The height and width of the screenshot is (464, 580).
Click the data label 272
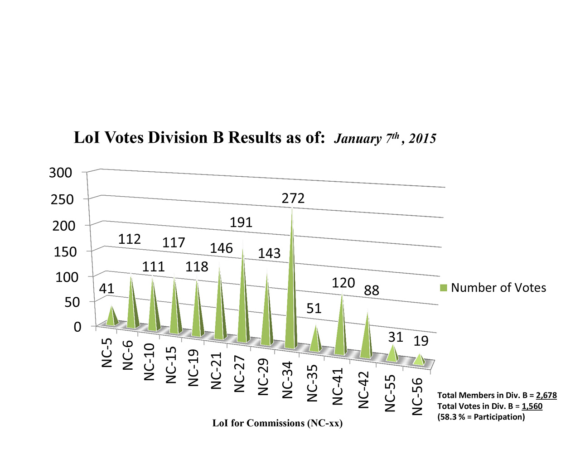click(293, 198)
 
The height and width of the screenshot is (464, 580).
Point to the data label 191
click(241, 222)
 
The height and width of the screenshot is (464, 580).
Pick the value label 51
click(314, 309)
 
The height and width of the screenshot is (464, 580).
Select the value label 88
click(372, 290)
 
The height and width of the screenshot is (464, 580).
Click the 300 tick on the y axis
click(61, 173)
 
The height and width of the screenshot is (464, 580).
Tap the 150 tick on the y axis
click(63, 251)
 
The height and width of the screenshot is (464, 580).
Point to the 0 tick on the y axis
click(77, 327)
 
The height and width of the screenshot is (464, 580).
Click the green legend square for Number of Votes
click(443, 288)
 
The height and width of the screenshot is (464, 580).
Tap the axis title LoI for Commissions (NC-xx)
click(277, 423)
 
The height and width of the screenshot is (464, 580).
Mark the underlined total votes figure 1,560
click(532, 406)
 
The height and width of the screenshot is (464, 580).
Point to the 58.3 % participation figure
click(451, 417)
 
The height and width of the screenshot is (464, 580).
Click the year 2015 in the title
click(422, 139)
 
